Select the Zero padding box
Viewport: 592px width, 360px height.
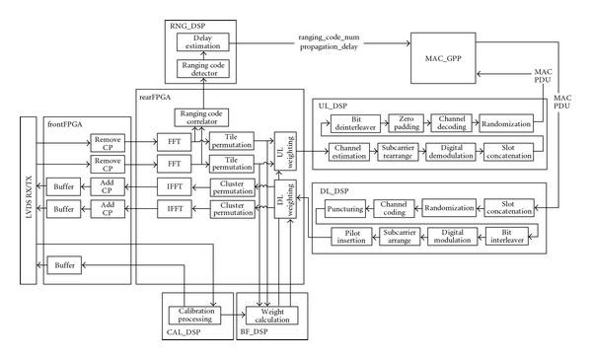coord(406,124)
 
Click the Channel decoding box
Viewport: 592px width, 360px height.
coord(452,124)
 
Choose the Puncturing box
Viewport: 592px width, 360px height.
coord(346,208)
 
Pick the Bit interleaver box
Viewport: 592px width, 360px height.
coord(505,237)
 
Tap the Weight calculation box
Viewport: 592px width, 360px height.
coord(265,315)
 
